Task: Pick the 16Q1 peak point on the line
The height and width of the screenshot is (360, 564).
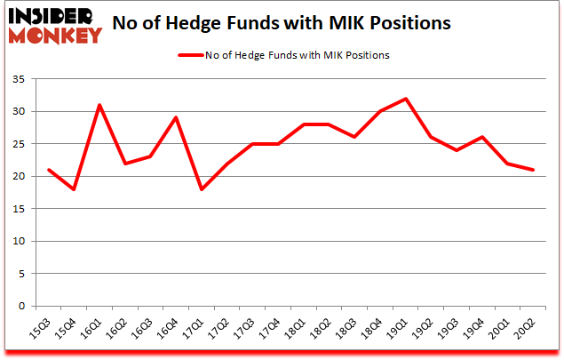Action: click(99, 105)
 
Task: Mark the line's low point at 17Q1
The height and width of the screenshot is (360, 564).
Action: click(203, 189)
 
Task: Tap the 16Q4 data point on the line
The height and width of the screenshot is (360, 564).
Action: click(177, 117)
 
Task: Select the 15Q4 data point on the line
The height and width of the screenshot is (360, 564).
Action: click(74, 189)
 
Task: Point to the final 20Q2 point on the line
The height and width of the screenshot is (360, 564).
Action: click(533, 170)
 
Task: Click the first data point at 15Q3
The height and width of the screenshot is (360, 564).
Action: click(48, 170)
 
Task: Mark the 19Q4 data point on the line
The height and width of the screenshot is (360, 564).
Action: click(481, 137)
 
